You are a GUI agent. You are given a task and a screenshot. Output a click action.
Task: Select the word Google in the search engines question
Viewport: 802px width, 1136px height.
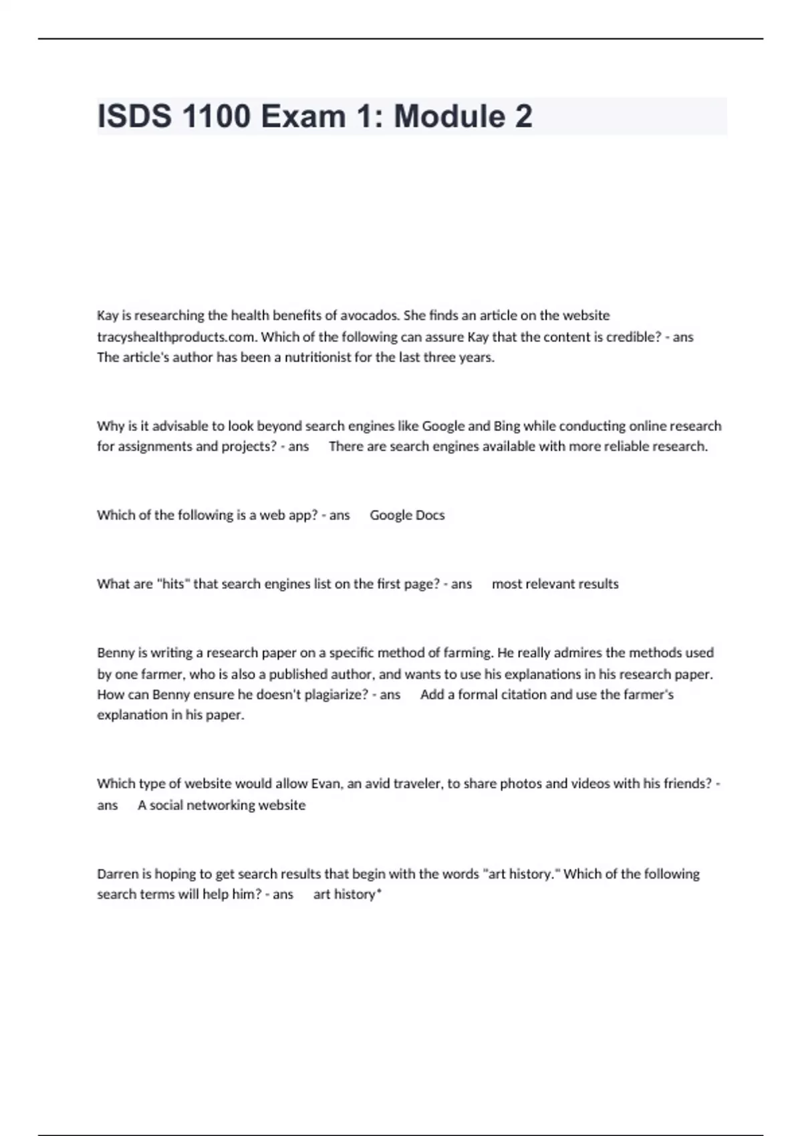(442, 426)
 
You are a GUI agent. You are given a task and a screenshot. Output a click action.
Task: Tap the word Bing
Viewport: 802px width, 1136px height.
(506, 426)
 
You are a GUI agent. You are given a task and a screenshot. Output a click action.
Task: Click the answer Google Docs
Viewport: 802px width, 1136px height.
(407, 515)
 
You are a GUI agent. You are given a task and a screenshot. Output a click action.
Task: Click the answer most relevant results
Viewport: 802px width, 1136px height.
(555, 584)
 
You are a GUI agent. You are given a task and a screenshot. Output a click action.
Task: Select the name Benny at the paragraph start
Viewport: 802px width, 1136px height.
(116, 653)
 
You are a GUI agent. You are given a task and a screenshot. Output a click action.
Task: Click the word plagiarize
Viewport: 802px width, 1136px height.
(336, 695)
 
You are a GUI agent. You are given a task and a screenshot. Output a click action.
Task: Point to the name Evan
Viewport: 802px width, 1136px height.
(326, 784)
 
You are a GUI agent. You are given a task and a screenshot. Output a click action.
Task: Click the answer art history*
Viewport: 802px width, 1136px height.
(347, 895)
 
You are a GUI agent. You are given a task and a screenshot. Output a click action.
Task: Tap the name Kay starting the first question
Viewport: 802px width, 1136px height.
(108, 315)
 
